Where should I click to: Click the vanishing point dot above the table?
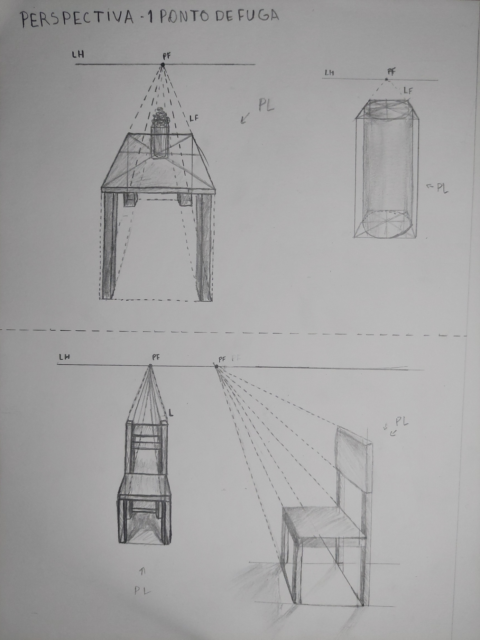[x=163, y=65]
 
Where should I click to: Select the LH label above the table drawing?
[x=80, y=54]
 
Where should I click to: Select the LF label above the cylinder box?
[x=408, y=91]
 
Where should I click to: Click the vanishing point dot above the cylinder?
[x=387, y=80]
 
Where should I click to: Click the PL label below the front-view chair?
[x=142, y=349]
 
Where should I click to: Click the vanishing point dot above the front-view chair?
[x=150, y=365]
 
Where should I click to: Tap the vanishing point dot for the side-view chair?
[x=216, y=366]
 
